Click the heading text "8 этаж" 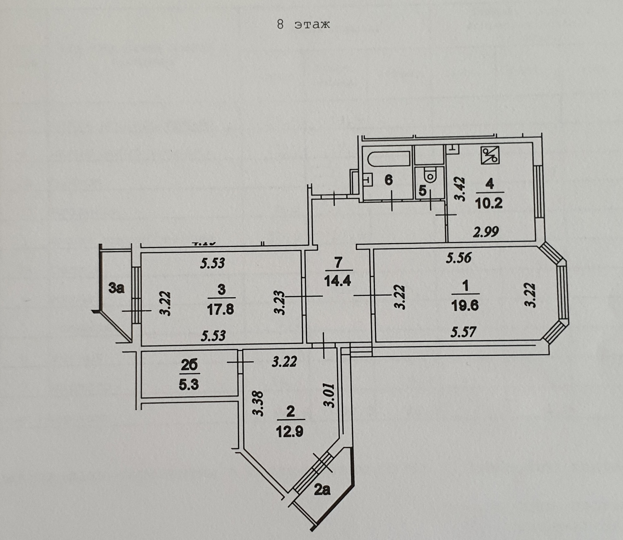[303, 25]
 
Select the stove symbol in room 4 [490, 155]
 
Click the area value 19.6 [465, 306]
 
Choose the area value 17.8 [221, 309]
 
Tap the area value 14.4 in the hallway [337, 281]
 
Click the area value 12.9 [289, 432]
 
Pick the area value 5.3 [189, 385]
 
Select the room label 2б [189, 365]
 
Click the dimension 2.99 [486, 232]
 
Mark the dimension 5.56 [458, 258]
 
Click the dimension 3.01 [329, 395]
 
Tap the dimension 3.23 [279, 303]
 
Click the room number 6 [388, 179]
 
